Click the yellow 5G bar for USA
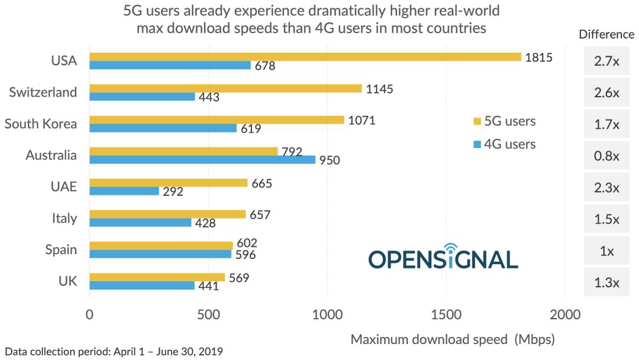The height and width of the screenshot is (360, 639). click(x=305, y=57)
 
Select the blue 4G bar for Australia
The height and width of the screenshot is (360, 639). click(x=202, y=159)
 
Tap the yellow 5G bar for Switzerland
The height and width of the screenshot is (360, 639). click(x=225, y=88)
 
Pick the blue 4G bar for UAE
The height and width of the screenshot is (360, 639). click(x=124, y=191)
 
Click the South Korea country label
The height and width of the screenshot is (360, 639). click(x=41, y=124)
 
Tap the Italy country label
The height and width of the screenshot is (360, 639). click(x=64, y=218)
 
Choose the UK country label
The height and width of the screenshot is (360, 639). click(x=67, y=281)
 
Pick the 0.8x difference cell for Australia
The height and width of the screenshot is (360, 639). click(x=606, y=156)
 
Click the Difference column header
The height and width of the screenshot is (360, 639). click(x=606, y=34)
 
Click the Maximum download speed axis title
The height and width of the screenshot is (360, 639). click(x=453, y=339)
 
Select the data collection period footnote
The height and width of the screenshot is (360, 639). click(x=114, y=352)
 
